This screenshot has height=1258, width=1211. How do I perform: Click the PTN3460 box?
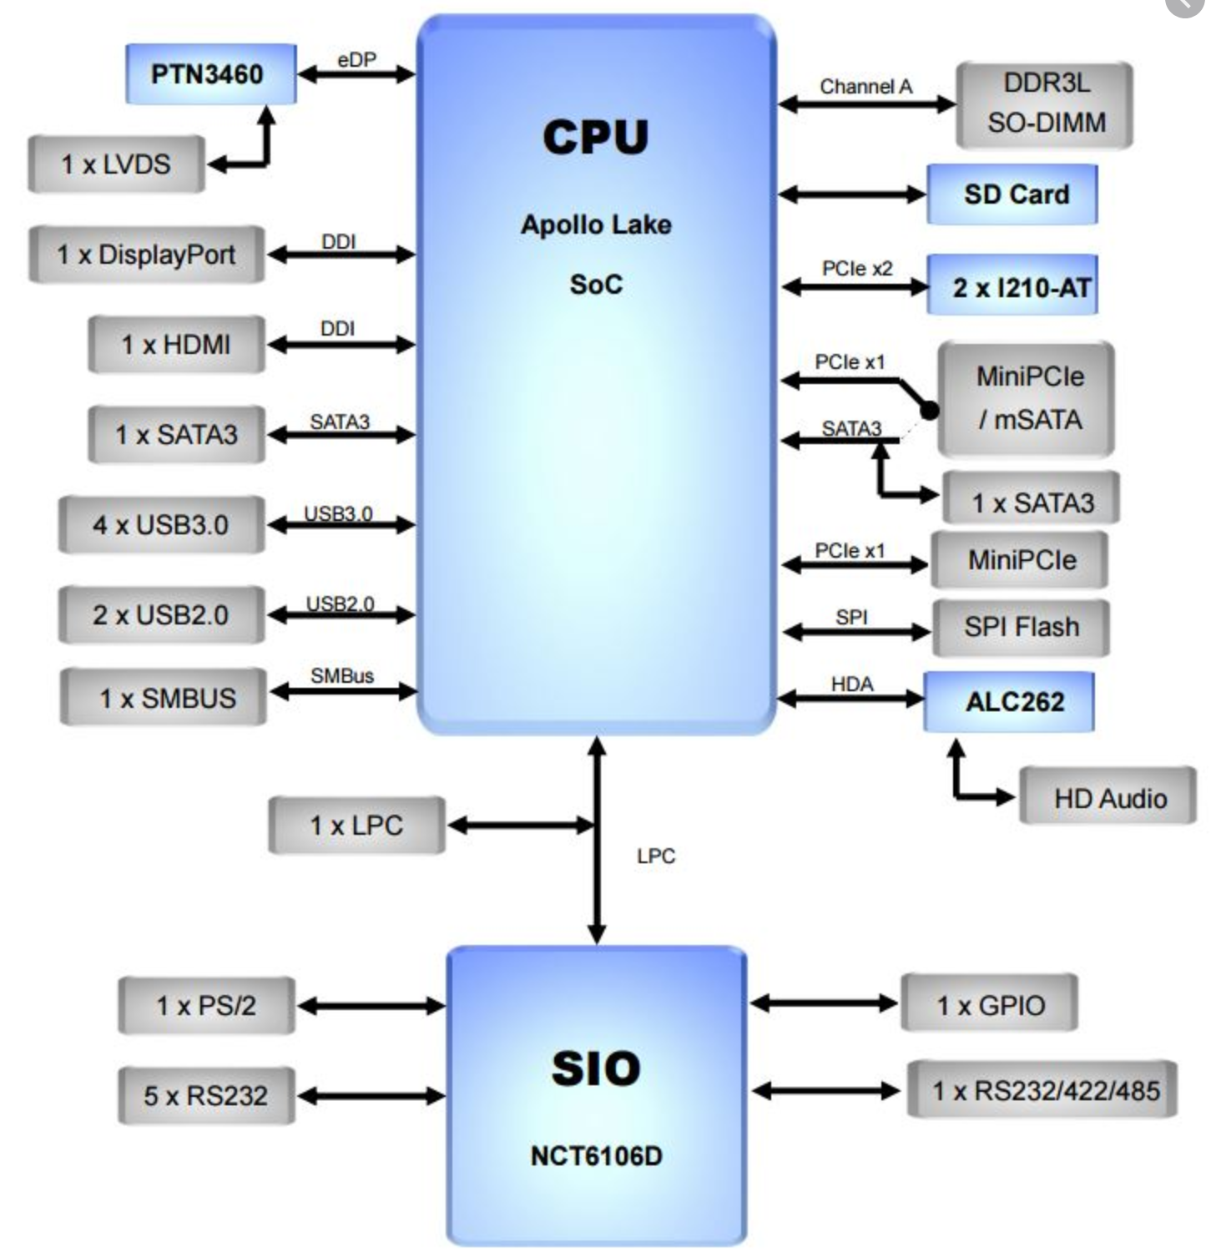[x=210, y=74]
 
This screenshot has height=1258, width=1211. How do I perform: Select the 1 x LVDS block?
[x=116, y=164]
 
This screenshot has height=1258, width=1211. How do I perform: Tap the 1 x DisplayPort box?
[x=146, y=255]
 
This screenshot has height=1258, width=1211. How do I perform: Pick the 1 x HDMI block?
[x=176, y=344]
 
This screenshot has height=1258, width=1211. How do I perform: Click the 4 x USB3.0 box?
[x=161, y=525]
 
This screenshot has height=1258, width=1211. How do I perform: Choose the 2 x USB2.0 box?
[x=161, y=615]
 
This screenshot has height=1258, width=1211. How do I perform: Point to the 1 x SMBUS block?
[x=164, y=698]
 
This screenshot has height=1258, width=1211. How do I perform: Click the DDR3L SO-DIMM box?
[x=1045, y=104]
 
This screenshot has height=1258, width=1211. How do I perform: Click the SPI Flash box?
[x=1020, y=627]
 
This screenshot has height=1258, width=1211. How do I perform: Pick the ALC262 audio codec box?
[x=1009, y=702]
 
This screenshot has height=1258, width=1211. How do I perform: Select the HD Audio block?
[x=1108, y=798]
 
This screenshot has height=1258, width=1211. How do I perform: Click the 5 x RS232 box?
[x=206, y=1095]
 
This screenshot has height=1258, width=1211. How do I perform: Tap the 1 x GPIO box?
[x=990, y=1005]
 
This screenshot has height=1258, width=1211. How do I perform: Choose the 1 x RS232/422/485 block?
[x=1043, y=1090]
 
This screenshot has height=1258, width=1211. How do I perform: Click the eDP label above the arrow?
[x=356, y=60]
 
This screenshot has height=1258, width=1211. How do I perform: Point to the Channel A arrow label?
[x=865, y=87]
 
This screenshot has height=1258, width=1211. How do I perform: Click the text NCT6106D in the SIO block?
[x=596, y=1156]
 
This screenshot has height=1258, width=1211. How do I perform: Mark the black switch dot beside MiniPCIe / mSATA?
[x=929, y=410]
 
